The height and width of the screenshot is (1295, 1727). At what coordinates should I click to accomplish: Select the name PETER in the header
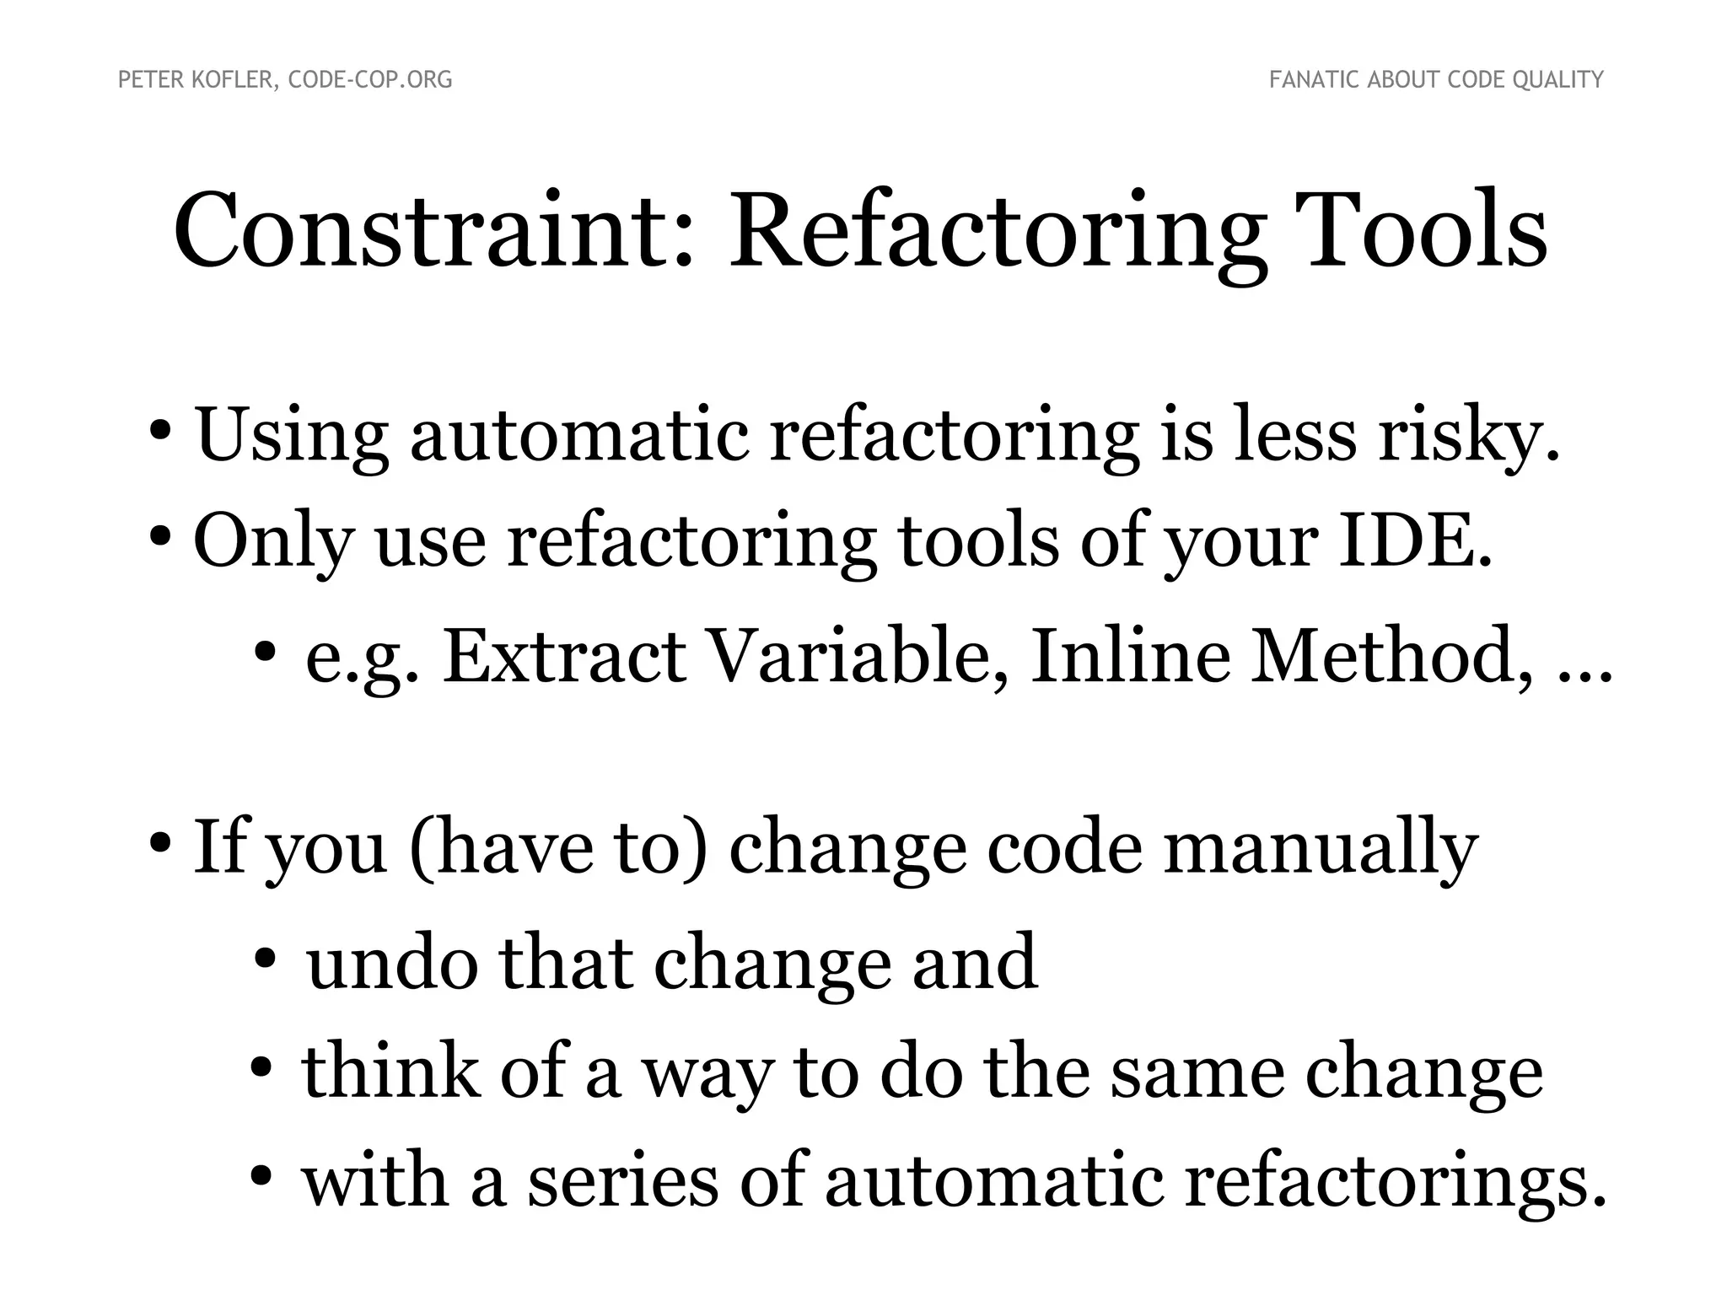[146, 80]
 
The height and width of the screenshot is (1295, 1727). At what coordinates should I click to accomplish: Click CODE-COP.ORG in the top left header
[370, 80]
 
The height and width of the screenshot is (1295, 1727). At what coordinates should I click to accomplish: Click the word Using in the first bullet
[292, 437]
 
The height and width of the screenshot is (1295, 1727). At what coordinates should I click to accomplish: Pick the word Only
[272, 541]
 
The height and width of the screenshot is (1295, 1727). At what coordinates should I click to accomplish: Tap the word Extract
[563, 656]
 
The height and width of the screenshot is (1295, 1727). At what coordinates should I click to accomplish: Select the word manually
[1321, 848]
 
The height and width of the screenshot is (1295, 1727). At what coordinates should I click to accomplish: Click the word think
[391, 1072]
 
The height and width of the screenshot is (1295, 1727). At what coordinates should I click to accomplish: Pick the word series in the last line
[623, 1181]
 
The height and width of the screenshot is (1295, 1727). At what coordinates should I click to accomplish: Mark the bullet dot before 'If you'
[160, 843]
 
